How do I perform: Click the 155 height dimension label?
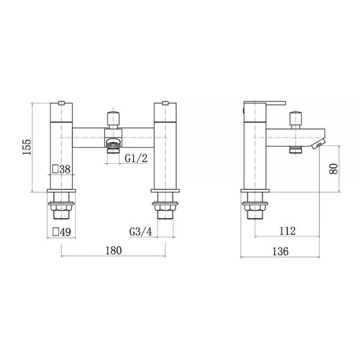click(27, 147)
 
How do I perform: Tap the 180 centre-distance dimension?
click(113, 250)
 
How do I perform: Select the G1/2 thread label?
click(136, 158)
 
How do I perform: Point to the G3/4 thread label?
click(141, 232)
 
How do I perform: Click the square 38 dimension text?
click(61, 169)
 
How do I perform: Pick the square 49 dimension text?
click(62, 232)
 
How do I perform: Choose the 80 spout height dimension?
click(334, 169)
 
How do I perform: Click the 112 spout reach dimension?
click(287, 231)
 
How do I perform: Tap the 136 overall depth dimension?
click(280, 251)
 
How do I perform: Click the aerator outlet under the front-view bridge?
click(113, 148)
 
